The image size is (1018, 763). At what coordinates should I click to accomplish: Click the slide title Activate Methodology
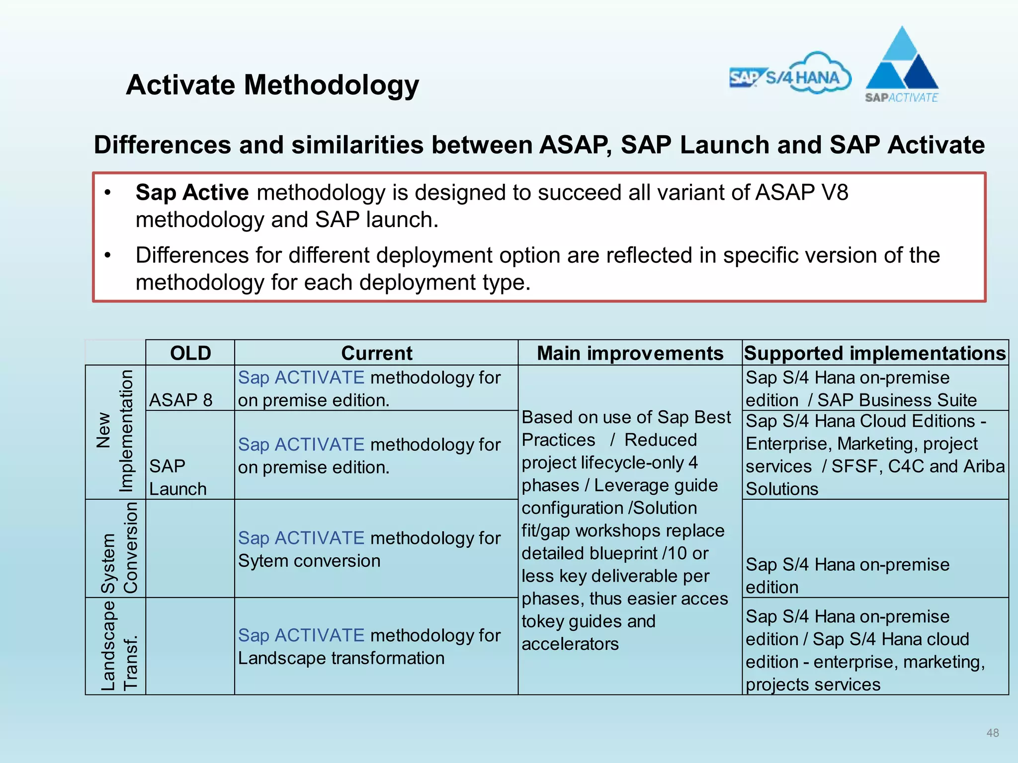[272, 85]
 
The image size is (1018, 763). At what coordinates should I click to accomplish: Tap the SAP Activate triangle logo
[902, 65]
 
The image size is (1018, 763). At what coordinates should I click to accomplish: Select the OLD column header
[190, 353]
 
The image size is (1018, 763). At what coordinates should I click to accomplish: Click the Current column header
[376, 353]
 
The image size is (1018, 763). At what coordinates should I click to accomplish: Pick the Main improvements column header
[630, 353]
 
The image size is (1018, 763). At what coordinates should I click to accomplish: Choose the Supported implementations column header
[875, 353]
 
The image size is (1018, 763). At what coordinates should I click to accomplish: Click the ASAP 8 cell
[181, 400]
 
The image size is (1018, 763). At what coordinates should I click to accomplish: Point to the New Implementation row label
[115, 431]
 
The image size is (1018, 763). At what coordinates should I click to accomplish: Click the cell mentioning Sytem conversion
[369, 549]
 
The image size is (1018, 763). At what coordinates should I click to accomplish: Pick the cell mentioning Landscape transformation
[369, 646]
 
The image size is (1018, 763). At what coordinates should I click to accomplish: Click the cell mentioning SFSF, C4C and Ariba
[875, 455]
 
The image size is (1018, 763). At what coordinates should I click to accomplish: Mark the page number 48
[992, 733]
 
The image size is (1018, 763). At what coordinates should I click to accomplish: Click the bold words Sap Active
[192, 192]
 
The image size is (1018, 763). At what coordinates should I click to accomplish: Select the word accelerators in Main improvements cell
[570, 644]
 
